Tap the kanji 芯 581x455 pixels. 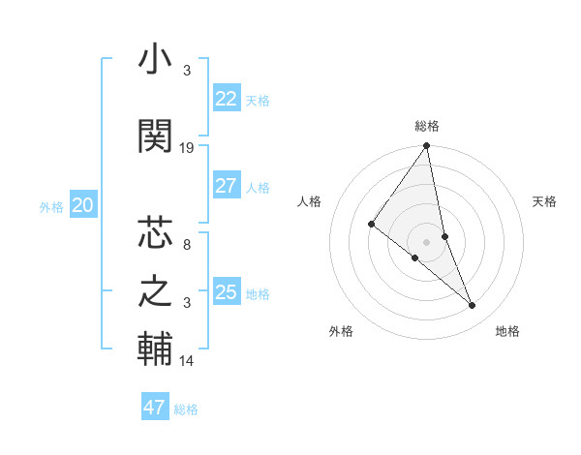(155, 233)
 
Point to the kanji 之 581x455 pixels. (155, 291)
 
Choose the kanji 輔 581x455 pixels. (155, 349)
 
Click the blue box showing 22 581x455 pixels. (227, 99)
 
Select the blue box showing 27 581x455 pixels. (227, 186)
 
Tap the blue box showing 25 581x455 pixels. (227, 292)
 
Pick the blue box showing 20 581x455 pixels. (83, 205)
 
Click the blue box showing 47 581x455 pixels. (155, 408)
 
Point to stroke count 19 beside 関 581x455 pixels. (187, 148)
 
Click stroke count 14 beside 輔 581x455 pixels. (187, 361)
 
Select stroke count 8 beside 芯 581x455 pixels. (186, 245)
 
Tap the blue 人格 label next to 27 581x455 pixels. (258, 188)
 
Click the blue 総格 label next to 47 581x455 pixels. (186, 409)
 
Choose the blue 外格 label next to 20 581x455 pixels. (51, 207)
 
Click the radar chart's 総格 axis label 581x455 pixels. (427, 126)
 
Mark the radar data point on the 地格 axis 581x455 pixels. (473, 306)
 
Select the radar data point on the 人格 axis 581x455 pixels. (371, 225)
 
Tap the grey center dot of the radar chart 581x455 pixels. (427, 241)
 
